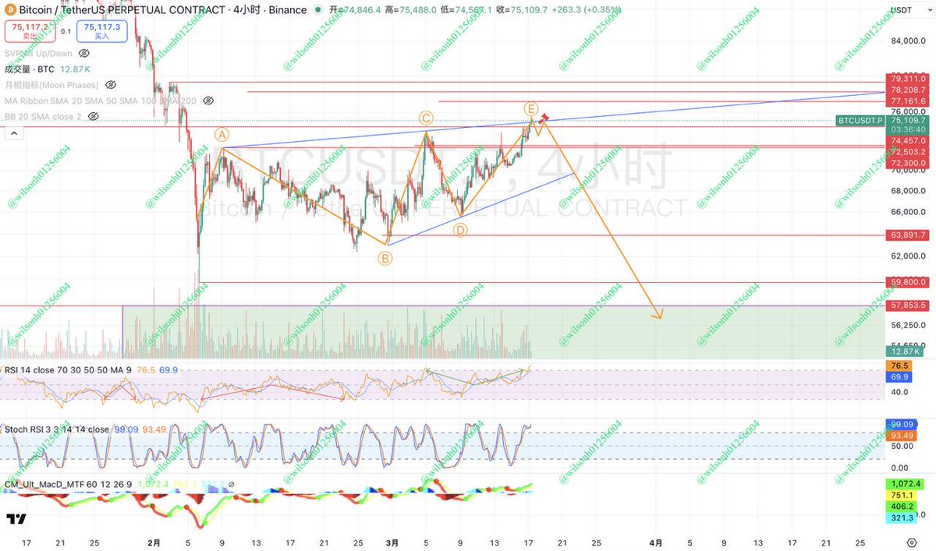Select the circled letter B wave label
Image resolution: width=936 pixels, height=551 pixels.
click(386, 258)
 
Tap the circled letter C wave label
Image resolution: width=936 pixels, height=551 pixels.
click(426, 118)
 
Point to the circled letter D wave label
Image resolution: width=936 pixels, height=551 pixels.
click(460, 230)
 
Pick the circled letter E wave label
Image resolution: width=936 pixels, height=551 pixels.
click(530, 108)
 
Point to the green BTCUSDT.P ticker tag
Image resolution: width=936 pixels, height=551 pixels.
click(860, 121)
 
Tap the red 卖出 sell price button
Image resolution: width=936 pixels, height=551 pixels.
click(28, 31)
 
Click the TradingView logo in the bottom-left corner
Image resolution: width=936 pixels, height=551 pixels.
click(16, 519)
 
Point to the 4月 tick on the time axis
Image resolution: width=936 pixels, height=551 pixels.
click(656, 542)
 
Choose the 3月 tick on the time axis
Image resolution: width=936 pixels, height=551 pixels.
click(393, 542)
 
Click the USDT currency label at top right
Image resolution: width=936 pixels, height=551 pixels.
click(902, 11)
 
